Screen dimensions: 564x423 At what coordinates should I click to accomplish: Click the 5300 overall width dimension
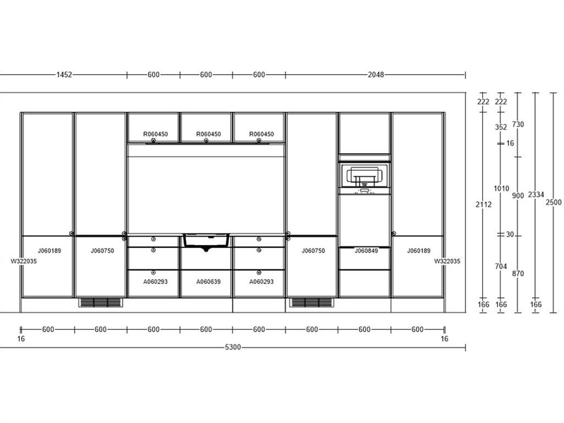pyautogui.click(x=233, y=347)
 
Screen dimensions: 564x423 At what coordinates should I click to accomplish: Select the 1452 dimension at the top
pyautogui.click(x=64, y=75)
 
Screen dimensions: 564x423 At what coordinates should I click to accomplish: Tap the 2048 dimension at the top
pyautogui.click(x=376, y=75)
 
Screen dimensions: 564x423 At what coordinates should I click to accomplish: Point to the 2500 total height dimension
pyautogui.click(x=553, y=202)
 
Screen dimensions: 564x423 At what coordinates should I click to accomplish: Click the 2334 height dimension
pyautogui.click(x=536, y=195)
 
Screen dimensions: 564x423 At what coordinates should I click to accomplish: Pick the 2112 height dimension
pyautogui.click(x=484, y=204)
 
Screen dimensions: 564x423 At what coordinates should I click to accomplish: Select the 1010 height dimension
pyautogui.click(x=501, y=189)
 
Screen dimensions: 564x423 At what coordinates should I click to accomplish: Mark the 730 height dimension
pyautogui.click(x=518, y=124)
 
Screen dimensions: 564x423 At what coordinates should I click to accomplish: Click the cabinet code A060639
pyautogui.click(x=208, y=281)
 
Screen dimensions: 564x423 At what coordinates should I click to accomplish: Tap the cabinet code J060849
pyautogui.click(x=366, y=251)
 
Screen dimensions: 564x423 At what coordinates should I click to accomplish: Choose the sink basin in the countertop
pyautogui.click(x=206, y=240)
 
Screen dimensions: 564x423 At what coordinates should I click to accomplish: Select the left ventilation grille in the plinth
pyautogui.click(x=100, y=302)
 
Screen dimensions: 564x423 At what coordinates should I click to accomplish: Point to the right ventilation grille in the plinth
pyautogui.click(x=312, y=302)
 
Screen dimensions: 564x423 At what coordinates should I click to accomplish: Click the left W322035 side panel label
pyautogui.click(x=24, y=261)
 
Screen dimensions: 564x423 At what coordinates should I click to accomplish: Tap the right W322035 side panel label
pyautogui.click(x=447, y=261)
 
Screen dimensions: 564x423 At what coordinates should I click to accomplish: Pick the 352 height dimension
pyautogui.click(x=501, y=127)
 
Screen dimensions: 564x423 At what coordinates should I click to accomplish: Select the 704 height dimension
pyautogui.click(x=501, y=266)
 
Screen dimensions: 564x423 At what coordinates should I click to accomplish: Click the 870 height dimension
pyautogui.click(x=518, y=273)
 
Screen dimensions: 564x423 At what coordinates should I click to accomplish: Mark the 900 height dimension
pyautogui.click(x=518, y=196)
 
